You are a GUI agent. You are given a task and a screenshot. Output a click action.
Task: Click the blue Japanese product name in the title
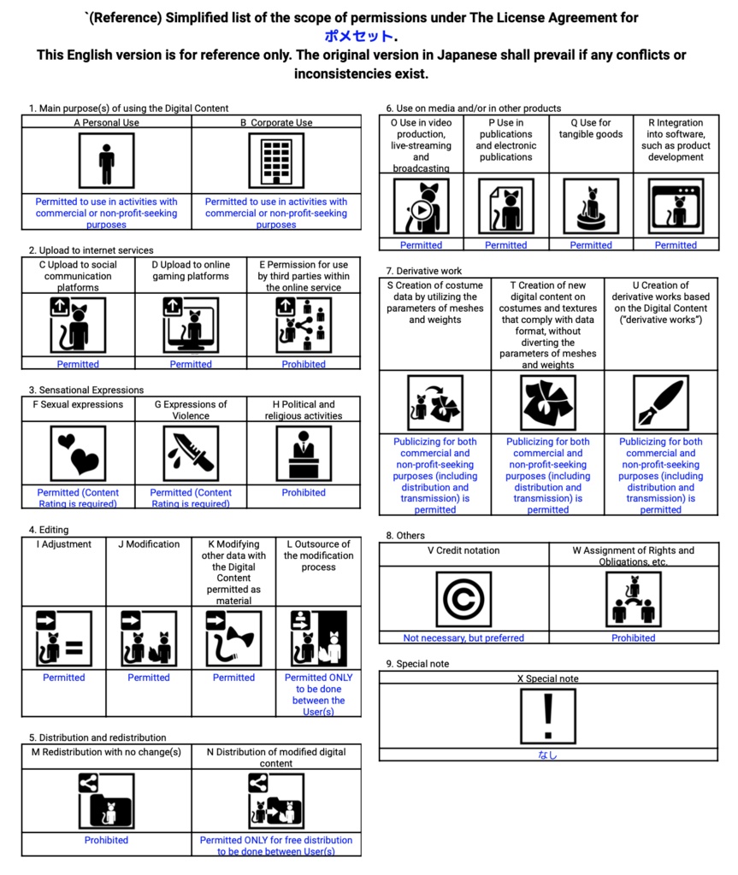tap(360, 36)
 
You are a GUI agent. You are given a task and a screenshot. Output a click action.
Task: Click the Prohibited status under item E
tap(304, 364)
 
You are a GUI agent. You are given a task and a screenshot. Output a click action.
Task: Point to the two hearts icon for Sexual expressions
tap(78, 454)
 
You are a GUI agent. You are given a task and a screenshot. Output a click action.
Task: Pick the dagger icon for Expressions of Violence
tap(191, 454)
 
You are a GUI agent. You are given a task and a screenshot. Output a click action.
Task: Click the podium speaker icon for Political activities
tap(304, 454)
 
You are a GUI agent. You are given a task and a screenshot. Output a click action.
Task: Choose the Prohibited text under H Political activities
tap(304, 492)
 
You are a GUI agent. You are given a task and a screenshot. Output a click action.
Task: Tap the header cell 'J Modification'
tap(149, 544)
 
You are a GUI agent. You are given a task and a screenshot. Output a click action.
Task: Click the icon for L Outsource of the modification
tap(318, 638)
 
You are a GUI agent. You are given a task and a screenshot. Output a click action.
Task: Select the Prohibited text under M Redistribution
tap(106, 840)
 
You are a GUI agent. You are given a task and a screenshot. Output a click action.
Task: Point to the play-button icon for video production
tap(421, 207)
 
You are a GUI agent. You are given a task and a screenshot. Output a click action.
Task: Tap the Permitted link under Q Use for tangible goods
tap(591, 245)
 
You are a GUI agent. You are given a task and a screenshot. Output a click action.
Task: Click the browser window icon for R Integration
tap(676, 207)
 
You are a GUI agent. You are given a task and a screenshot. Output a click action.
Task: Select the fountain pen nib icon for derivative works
tap(660, 403)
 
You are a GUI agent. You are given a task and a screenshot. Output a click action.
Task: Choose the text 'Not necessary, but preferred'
tap(463, 637)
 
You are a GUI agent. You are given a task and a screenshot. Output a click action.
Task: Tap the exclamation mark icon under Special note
tap(547, 716)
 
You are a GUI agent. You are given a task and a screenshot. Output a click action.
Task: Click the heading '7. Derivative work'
tap(423, 271)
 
